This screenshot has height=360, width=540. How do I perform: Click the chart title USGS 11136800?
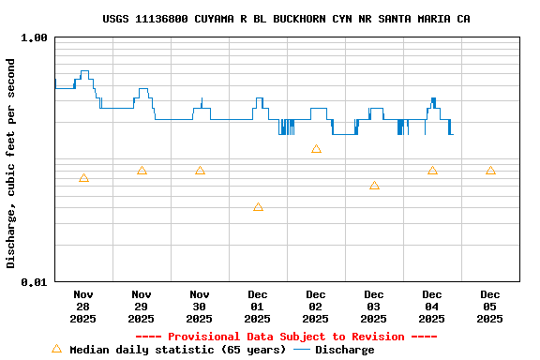286,19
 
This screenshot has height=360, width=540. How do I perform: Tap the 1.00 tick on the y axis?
35,37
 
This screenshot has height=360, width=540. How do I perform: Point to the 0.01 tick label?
35,281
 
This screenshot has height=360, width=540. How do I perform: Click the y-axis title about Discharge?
11,163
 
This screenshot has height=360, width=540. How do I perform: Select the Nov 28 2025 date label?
83,306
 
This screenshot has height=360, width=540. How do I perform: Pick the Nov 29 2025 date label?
142,306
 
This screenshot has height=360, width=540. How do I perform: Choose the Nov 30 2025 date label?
200,306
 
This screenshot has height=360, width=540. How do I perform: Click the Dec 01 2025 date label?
258,306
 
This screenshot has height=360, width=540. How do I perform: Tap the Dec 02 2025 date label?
316,306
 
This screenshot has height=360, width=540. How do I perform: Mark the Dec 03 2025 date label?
374,306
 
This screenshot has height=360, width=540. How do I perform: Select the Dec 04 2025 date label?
432,306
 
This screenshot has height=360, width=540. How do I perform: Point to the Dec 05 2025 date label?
490,306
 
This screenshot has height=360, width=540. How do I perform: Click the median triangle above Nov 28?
83,178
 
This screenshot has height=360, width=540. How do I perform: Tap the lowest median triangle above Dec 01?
258,207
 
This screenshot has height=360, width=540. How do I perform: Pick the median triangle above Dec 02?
316,149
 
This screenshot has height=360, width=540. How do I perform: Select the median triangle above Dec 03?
374,186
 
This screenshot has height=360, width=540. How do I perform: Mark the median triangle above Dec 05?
490,171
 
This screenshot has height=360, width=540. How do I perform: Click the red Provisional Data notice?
286,337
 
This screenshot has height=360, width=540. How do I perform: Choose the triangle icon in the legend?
56,349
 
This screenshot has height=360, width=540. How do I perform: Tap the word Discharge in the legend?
344,350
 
